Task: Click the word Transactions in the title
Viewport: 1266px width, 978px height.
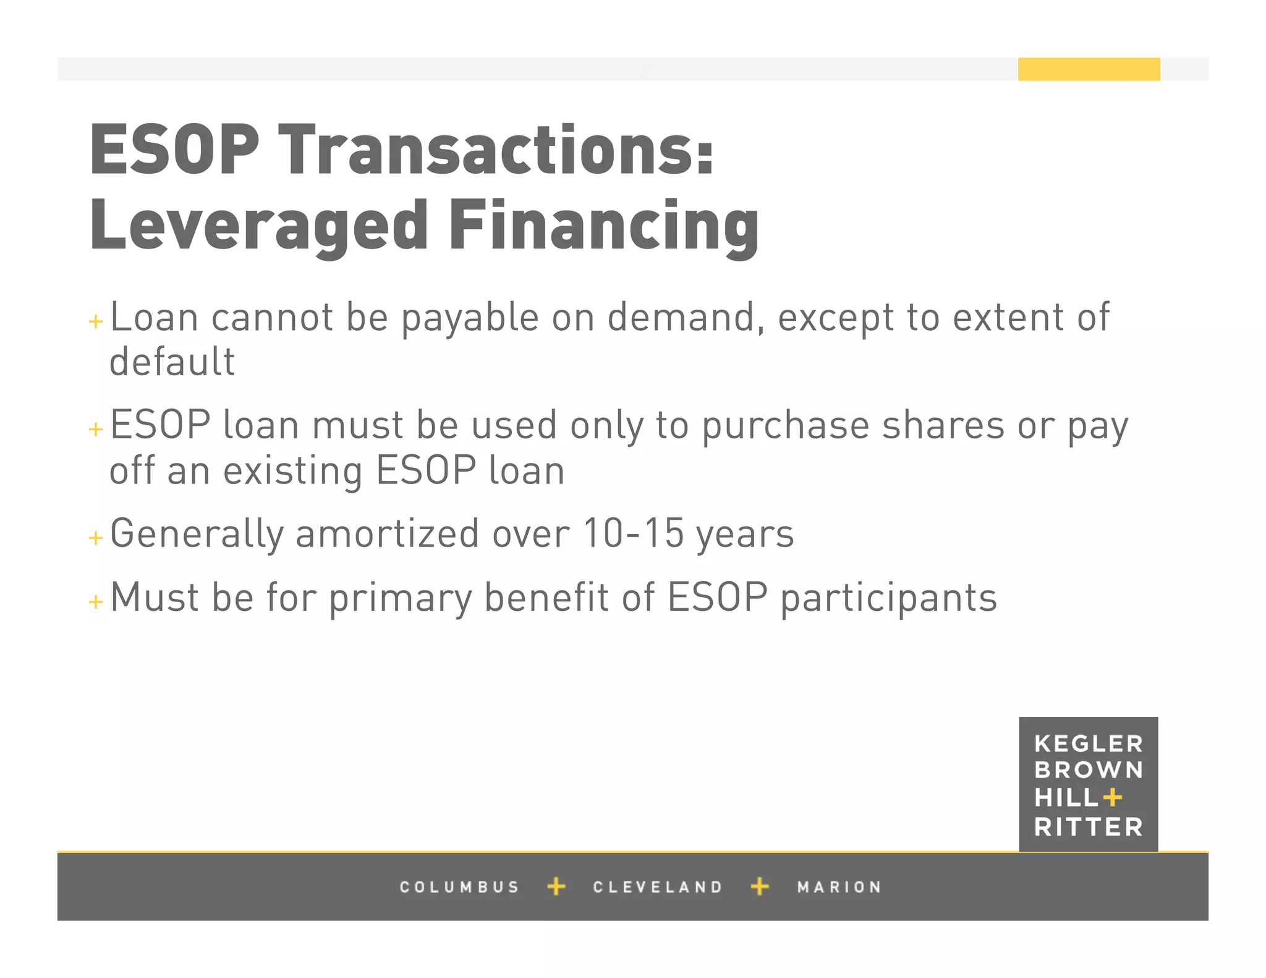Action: tap(496, 150)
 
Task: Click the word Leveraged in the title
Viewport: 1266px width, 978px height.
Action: tap(258, 226)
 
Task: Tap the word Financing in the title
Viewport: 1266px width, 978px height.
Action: tap(604, 226)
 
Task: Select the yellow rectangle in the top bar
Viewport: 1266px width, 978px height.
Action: tap(1089, 69)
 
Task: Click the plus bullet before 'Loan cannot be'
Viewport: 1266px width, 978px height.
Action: tap(96, 321)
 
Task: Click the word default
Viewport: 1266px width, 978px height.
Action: tap(172, 362)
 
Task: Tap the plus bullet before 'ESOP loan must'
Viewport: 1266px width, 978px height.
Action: tap(96, 429)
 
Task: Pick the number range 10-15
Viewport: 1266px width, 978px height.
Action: tap(633, 534)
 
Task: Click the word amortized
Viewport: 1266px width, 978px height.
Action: tap(387, 534)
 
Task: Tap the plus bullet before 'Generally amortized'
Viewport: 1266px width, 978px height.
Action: tap(96, 537)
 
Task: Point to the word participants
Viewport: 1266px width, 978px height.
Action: tap(889, 598)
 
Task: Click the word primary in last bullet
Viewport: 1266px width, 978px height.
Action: tap(400, 598)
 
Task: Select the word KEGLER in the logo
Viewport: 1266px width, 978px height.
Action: tap(1089, 744)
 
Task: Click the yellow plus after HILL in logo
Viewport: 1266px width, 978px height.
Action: tap(1112, 797)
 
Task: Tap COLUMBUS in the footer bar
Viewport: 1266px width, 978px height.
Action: tap(459, 887)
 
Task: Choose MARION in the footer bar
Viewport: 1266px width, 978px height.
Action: tap(839, 887)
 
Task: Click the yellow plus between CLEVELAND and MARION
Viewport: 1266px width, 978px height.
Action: tap(760, 887)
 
